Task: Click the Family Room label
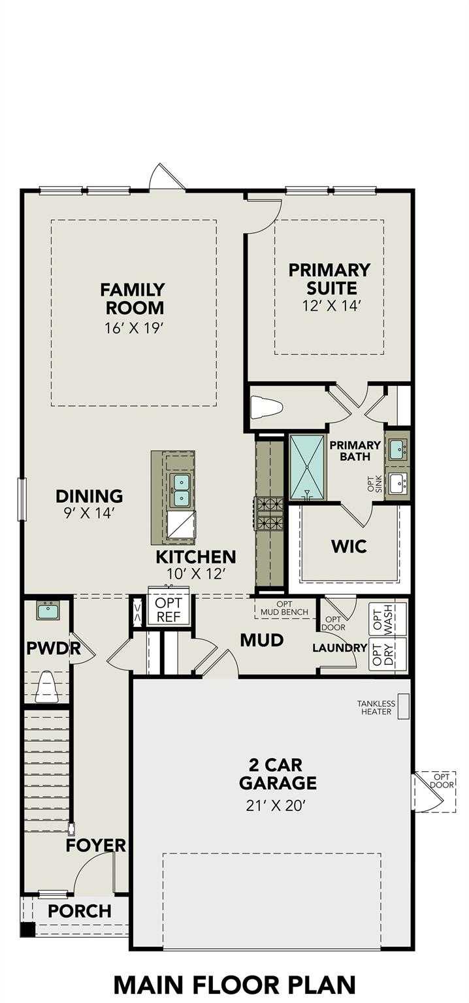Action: click(x=133, y=298)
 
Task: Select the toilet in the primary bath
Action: click(x=267, y=408)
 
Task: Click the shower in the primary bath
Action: click(x=307, y=466)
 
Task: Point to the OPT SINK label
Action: click(x=374, y=483)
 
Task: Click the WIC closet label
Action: click(x=349, y=546)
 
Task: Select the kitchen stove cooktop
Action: click(x=270, y=513)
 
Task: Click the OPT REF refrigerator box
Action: click(x=169, y=608)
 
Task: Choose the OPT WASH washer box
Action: click(x=388, y=618)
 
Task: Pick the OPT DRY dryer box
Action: click(x=388, y=654)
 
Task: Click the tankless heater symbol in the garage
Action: click(x=404, y=707)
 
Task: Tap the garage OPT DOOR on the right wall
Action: click(x=434, y=791)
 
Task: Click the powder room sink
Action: click(x=48, y=611)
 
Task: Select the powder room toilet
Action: click(x=46, y=688)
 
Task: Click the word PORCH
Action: click(x=80, y=911)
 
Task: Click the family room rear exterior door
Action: click(x=167, y=178)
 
